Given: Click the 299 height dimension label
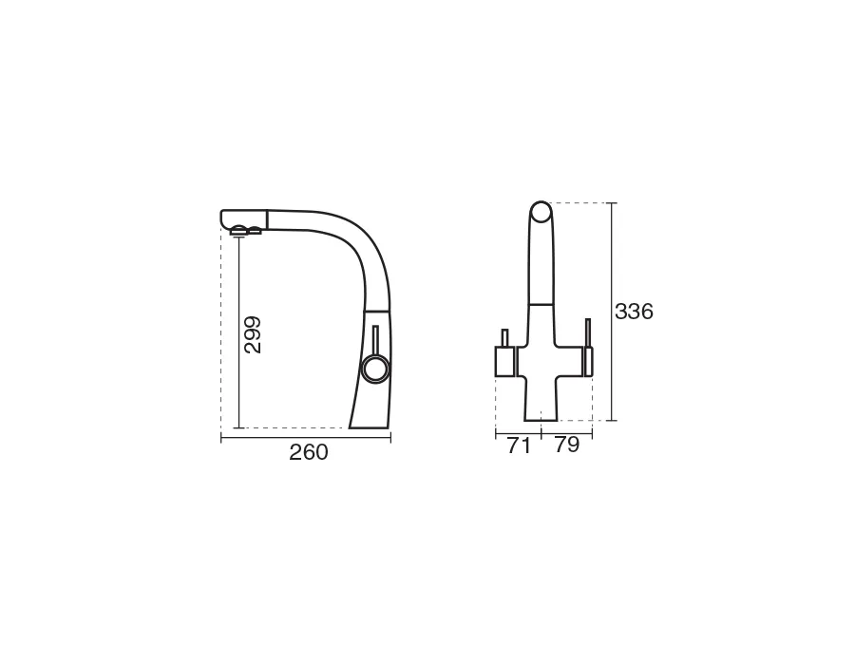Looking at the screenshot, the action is [x=253, y=334].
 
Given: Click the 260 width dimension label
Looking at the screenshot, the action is [x=309, y=452].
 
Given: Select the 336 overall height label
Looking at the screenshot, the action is [x=634, y=312].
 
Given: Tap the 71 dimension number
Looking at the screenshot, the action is [x=519, y=446].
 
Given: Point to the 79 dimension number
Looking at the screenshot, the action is [x=567, y=445].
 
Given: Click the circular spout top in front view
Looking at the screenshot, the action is [x=541, y=212].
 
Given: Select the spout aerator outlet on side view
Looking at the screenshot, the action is [x=239, y=231].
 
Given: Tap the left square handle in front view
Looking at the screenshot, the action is [x=505, y=362].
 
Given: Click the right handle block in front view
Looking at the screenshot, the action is [x=587, y=362].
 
